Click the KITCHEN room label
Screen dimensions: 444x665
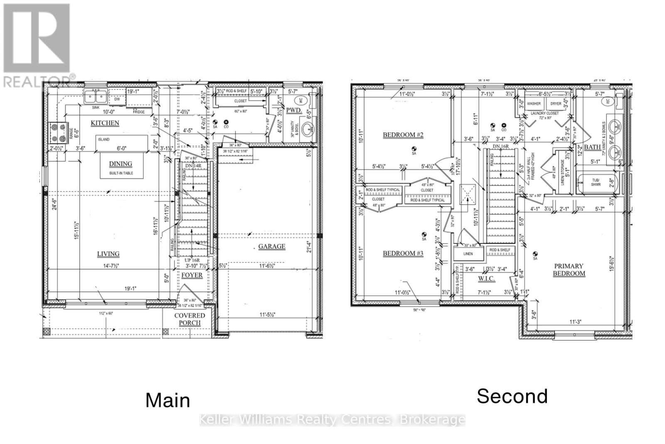pos(105,123)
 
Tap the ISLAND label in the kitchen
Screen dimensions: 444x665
pos(104,139)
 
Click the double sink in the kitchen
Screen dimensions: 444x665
pos(95,97)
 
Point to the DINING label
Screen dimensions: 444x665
pos(121,164)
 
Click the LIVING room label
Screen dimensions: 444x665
pos(108,254)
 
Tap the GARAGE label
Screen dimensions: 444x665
pos(272,246)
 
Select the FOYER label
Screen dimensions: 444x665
pos(192,275)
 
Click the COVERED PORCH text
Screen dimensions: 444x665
pos(190,319)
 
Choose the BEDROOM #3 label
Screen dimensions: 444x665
pos(403,253)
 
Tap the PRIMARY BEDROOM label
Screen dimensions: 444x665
pos(569,270)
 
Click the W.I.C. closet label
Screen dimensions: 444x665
pos(486,278)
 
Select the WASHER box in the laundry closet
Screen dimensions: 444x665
pos(534,104)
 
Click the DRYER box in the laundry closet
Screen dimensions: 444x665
pos(556,104)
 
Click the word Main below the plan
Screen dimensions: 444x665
pos(168,400)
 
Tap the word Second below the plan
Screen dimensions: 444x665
pos(512,396)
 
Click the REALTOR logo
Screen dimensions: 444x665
pos(37,44)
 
